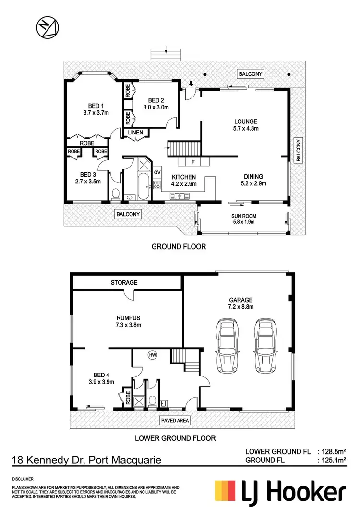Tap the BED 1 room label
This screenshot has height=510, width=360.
tap(96, 106)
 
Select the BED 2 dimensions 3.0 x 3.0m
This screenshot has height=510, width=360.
tap(156, 108)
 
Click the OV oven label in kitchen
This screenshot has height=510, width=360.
tap(157, 172)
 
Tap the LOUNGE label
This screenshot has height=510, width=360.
tap(246, 121)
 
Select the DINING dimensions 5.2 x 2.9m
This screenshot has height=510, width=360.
tap(253, 183)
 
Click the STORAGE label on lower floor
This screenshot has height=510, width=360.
tap(124, 283)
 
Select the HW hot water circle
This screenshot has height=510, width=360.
tap(153, 355)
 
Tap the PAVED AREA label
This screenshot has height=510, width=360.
tap(175, 421)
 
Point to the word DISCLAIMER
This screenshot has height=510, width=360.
tap(23, 479)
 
